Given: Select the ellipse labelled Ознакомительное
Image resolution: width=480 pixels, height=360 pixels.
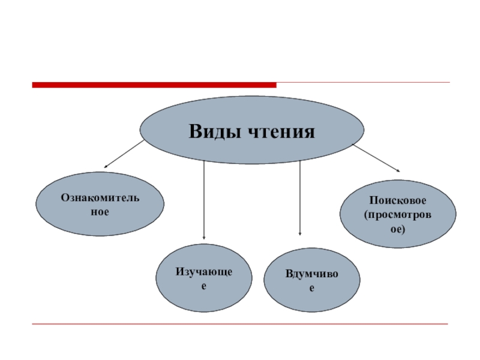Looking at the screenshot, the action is click(x=100, y=204).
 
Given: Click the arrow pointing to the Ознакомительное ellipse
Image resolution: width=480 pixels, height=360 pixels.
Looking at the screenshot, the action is click(x=125, y=154).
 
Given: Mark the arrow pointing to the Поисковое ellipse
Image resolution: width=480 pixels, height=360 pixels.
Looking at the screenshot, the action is click(x=376, y=157).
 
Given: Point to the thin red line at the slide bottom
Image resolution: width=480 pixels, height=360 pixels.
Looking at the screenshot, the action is click(x=240, y=325).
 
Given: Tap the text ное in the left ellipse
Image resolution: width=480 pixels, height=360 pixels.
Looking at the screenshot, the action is click(x=100, y=212).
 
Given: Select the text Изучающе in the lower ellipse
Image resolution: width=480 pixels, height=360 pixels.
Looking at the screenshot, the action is click(x=203, y=273).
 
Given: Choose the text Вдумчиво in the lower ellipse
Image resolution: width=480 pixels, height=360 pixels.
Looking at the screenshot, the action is click(x=311, y=274).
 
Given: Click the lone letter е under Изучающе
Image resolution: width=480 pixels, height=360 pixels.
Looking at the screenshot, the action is click(x=203, y=287).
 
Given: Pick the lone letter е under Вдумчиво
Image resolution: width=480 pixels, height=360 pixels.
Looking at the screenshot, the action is click(x=311, y=289).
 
